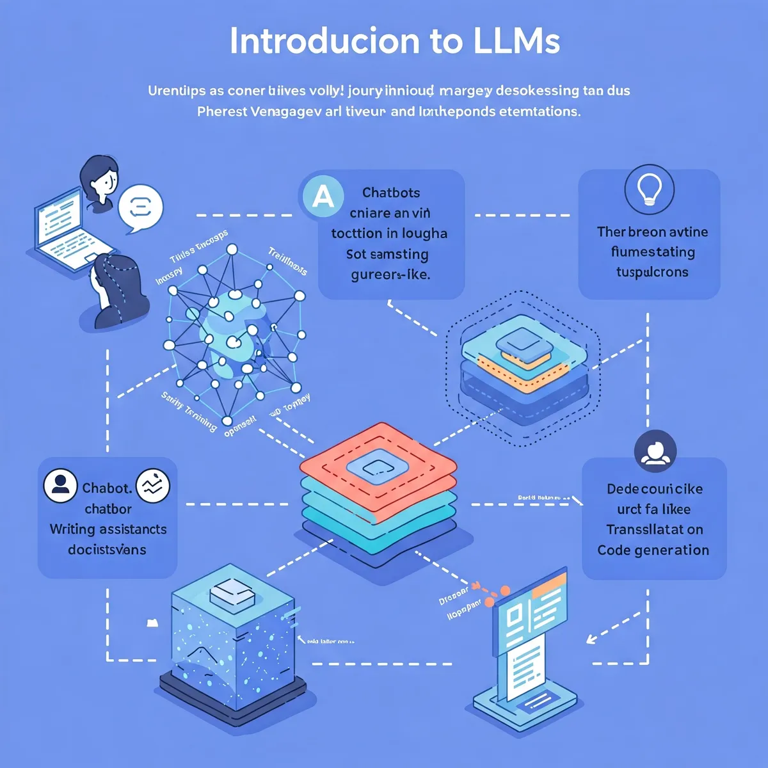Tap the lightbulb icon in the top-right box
pyautogui.click(x=649, y=189)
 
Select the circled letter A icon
pyautogui.click(x=323, y=196)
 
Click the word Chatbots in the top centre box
pyautogui.click(x=391, y=193)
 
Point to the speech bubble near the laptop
pyautogui.click(x=141, y=208)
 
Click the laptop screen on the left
pyautogui.click(x=59, y=218)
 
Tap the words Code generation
pyautogui.click(x=653, y=550)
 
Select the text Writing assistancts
pyautogui.click(x=108, y=529)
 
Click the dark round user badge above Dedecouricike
pyautogui.click(x=655, y=451)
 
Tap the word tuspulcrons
pyautogui.click(x=652, y=272)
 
